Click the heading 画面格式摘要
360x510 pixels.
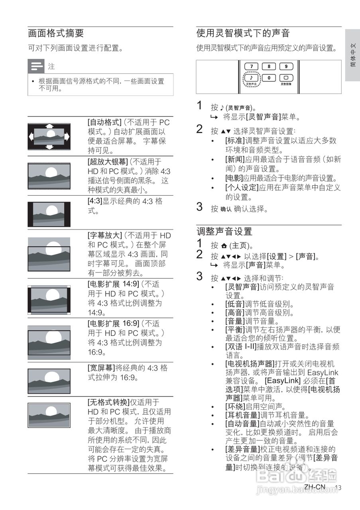(56, 33)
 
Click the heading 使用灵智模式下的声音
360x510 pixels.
(243, 33)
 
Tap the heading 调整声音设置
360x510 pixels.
(224, 231)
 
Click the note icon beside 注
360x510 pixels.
(36, 66)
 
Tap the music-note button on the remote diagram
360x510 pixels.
(251, 78)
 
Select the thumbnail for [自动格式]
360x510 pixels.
(49, 136)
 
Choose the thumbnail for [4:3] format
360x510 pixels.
(49, 214)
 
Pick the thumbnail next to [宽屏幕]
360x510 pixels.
(49, 381)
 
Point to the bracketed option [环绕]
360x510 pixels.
(234, 407)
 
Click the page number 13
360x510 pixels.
(338, 488)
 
